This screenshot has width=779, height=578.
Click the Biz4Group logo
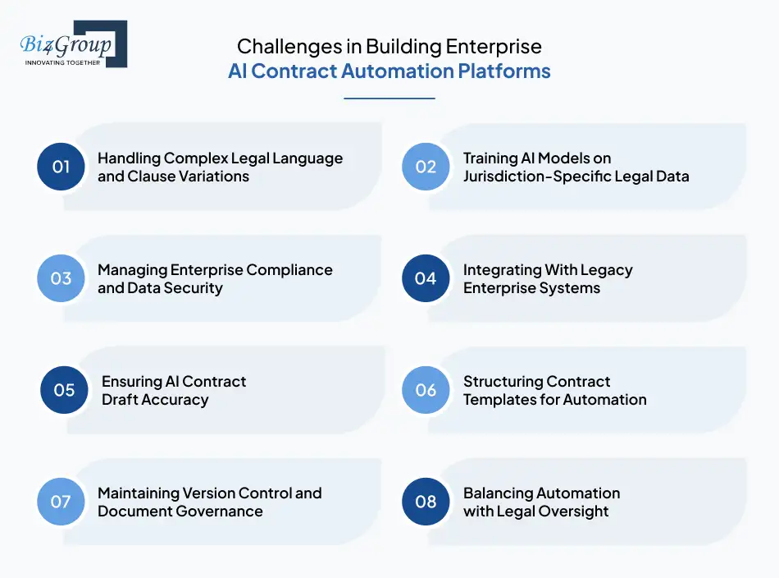click(x=73, y=44)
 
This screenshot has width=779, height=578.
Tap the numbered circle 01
click(x=61, y=167)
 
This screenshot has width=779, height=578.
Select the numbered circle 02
click(x=426, y=167)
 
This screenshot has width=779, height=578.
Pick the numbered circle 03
click(x=61, y=278)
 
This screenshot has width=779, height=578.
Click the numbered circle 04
click(x=426, y=278)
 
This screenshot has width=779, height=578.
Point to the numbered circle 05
click(x=64, y=390)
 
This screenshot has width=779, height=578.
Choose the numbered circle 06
click(x=426, y=390)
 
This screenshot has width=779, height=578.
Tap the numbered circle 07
click(x=61, y=502)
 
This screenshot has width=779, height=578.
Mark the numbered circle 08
click(x=426, y=502)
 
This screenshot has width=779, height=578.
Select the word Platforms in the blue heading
click(x=504, y=71)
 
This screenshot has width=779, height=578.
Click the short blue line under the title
click(x=389, y=99)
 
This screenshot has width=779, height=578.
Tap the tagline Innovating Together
click(x=63, y=62)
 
